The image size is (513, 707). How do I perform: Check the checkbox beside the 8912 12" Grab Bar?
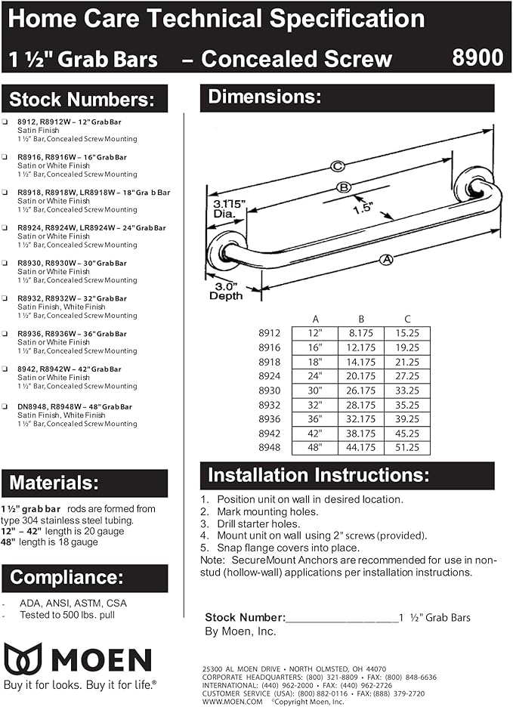point(6,122)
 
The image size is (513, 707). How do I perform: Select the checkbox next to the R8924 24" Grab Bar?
point(6,227)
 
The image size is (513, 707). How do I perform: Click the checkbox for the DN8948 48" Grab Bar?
point(6,406)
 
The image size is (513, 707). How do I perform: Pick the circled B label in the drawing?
point(344,187)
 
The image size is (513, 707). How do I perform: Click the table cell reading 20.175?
point(361,375)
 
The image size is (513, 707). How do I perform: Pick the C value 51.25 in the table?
point(406,448)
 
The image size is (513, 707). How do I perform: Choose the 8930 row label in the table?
point(270,390)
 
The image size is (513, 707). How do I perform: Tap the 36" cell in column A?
point(315,419)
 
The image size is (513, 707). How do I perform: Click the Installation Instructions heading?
point(318,476)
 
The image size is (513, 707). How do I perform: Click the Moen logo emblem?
point(23,659)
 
